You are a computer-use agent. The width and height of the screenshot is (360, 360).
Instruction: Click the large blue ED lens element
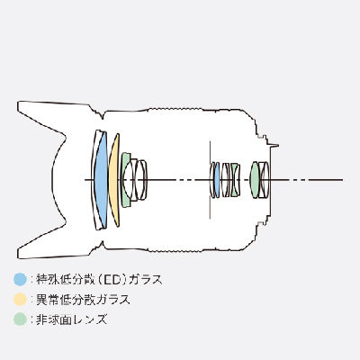[102, 179]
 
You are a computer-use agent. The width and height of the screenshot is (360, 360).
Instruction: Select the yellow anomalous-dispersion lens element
[113, 180]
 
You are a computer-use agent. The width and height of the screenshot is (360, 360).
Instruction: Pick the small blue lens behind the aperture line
[216, 180]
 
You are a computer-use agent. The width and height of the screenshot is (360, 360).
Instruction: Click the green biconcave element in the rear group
[235, 180]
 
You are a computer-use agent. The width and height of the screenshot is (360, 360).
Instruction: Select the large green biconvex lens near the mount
[254, 180]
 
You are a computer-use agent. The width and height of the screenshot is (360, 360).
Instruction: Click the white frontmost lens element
[95, 180]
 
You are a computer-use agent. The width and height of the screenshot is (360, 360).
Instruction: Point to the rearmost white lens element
[265, 180]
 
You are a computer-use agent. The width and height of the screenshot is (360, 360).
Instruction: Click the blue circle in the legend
[21, 279]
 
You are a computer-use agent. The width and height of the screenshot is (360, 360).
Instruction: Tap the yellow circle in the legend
[21, 299]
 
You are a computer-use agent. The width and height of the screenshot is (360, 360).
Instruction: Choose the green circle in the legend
[21, 319]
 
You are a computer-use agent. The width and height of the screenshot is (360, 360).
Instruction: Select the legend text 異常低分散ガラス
[84, 300]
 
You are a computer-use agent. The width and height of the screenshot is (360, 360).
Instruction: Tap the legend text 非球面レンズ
[72, 319]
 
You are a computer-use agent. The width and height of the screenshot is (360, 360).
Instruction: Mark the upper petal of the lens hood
[56, 119]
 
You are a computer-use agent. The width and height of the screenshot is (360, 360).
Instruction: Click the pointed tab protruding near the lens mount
[274, 146]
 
